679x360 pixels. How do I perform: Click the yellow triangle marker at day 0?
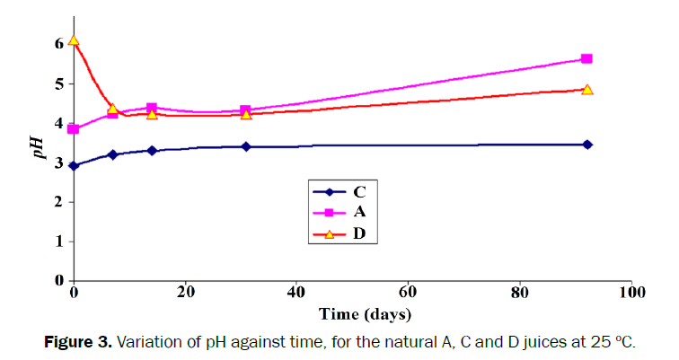(74, 40)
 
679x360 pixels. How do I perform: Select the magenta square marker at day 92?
(586, 58)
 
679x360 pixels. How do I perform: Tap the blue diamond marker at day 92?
(586, 144)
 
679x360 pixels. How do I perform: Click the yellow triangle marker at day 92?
(586, 90)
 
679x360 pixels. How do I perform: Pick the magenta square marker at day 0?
(74, 129)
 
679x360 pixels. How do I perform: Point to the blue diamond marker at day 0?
(74, 165)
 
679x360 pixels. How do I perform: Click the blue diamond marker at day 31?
(246, 146)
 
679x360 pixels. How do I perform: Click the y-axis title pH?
(40, 145)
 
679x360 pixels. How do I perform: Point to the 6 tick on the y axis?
(59, 43)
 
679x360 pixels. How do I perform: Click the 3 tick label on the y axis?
(59, 162)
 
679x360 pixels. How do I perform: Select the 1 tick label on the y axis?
(59, 241)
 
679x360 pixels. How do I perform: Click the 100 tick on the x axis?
(632, 294)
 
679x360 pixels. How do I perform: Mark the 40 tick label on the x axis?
(297, 294)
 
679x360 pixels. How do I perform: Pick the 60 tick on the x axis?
(409, 294)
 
